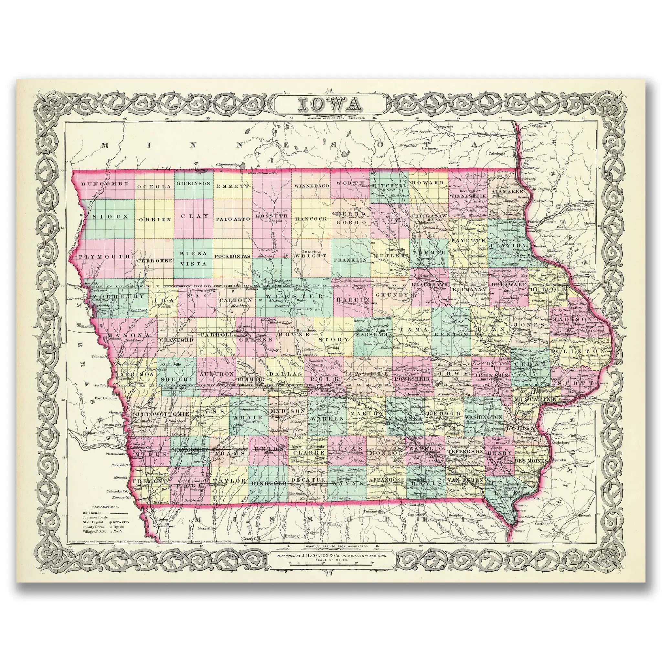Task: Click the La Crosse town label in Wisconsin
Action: (x=527, y=135)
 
